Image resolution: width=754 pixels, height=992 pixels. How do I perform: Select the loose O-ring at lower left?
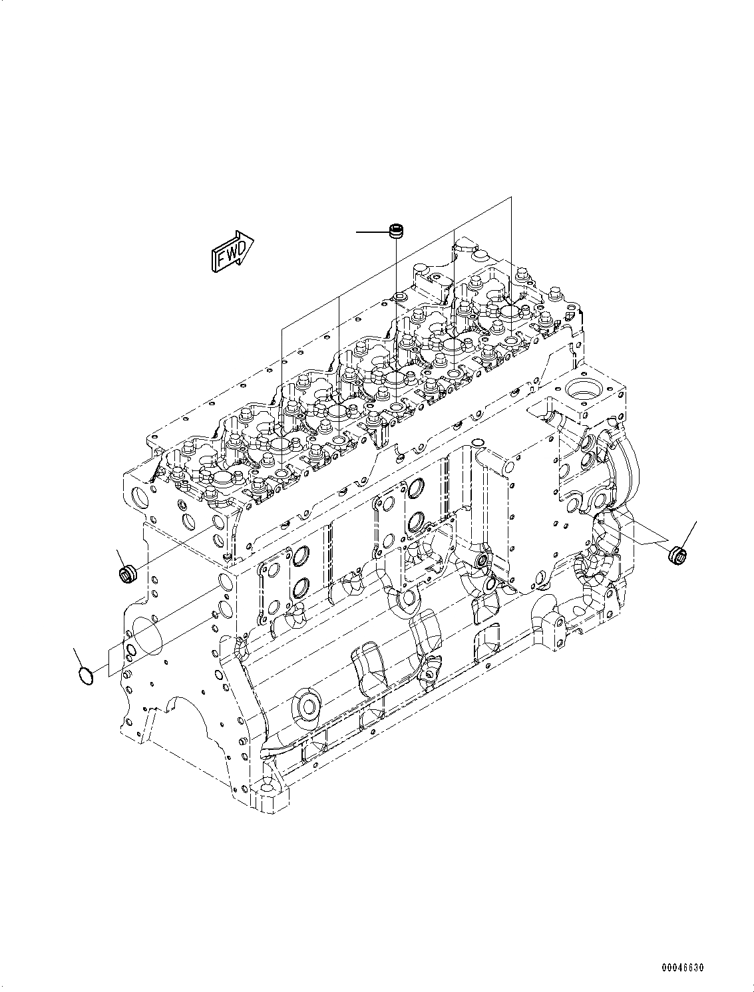85,675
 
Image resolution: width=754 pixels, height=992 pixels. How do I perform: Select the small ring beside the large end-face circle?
131,650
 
